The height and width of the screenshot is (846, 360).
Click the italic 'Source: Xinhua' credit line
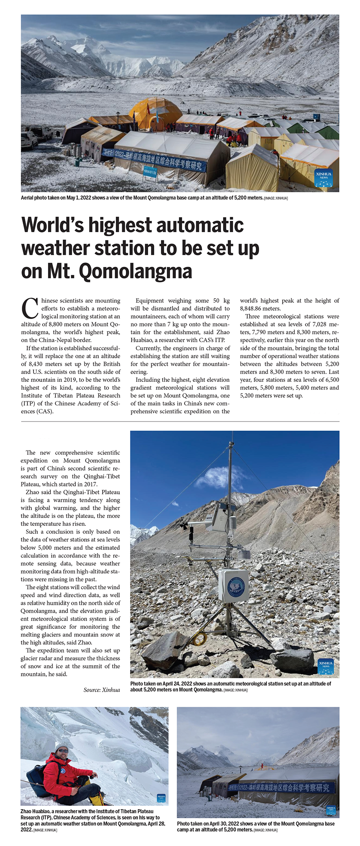(x=101, y=690)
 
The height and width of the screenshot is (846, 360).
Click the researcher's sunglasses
(x=63, y=750)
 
